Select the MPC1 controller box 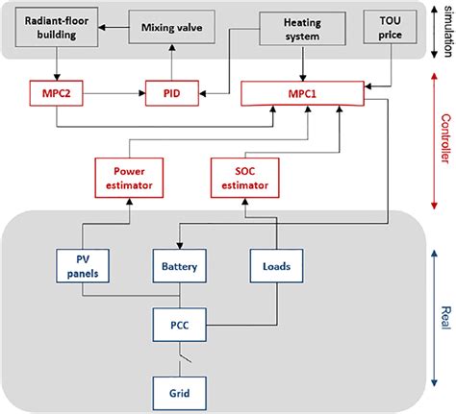coord(305,93)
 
